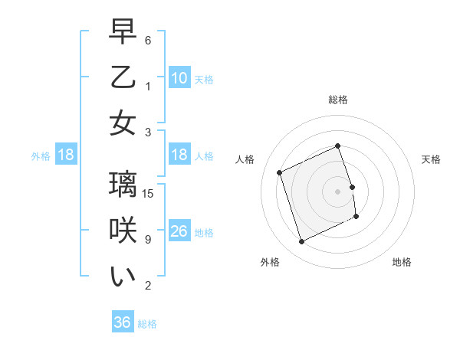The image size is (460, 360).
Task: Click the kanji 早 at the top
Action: [x=123, y=33]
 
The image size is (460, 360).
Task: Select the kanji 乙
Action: [x=123, y=77]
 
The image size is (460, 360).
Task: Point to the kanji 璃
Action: [x=123, y=186]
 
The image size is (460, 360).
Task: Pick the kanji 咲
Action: [x=123, y=231]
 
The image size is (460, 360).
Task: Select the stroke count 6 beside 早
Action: [x=148, y=40]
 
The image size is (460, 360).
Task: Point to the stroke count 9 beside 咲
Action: [x=148, y=238]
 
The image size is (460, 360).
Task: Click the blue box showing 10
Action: [x=179, y=78]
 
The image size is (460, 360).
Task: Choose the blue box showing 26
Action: [x=179, y=231]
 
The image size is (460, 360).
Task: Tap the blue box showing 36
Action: [x=122, y=322]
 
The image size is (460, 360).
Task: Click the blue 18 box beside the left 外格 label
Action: [x=65, y=155]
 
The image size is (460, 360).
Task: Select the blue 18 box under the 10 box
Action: [x=179, y=155]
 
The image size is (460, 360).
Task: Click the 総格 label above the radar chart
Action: [x=337, y=100]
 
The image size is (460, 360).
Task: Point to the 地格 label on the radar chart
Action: [x=402, y=262]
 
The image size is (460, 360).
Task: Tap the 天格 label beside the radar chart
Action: [x=431, y=159]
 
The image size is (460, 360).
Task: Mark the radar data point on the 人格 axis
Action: [x=280, y=172]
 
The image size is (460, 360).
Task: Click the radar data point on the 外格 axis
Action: [x=301, y=242]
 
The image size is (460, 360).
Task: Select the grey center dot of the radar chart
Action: [x=337, y=191]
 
